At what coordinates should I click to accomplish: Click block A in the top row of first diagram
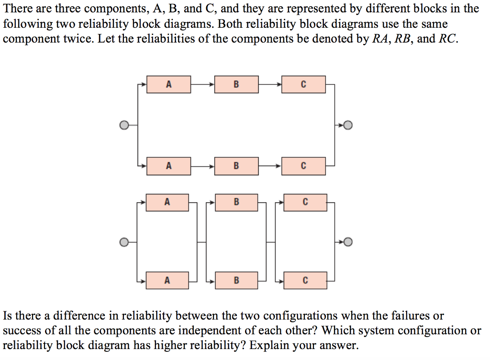point(168,84)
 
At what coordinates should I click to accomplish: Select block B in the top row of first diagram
point(236,84)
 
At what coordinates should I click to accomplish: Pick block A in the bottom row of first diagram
point(168,166)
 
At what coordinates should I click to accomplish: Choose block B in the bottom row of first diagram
point(236,166)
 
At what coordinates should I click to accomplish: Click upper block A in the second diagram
point(167,202)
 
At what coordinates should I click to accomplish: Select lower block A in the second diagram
point(167,280)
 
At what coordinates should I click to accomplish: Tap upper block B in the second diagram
point(236,202)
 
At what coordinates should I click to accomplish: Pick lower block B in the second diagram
point(236,280)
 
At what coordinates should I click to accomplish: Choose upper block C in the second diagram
point(305,202)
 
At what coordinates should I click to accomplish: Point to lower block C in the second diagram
point(305,280)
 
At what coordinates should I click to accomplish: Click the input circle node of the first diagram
point(124,125)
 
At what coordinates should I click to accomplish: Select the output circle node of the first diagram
point(348,125)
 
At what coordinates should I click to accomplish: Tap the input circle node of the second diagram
point(124,242)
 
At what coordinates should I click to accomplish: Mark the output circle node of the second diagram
point(348,242)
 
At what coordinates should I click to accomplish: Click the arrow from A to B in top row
point(203,84)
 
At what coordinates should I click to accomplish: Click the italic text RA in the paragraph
point(380,39)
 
